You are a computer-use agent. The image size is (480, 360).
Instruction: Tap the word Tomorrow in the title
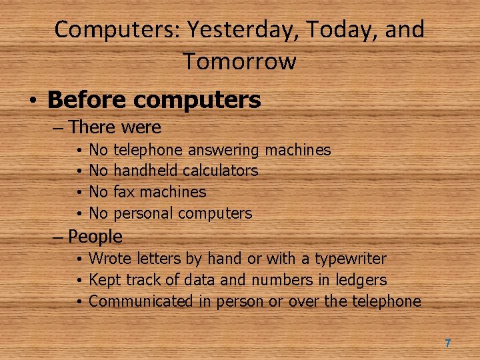tap(239, 61)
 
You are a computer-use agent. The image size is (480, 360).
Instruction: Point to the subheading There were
tap(115, 127)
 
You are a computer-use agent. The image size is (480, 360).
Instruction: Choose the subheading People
tap(95, 237)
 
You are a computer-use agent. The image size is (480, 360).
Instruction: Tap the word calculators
tap(220, 171)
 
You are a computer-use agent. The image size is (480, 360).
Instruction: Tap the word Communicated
tap(141, 301)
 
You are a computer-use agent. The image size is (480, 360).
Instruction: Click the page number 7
tap(447, 343)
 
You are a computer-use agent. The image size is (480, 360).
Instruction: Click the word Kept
tap(105, 280)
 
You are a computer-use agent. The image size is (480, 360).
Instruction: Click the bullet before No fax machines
tap(79, 193)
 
